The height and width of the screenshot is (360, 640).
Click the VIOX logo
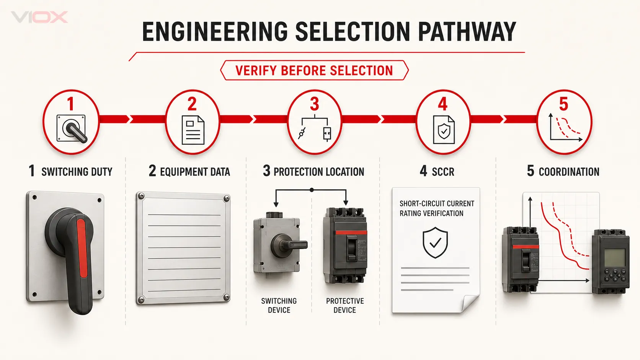tap(39, 17)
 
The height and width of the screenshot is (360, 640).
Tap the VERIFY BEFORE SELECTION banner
tap(314, 70)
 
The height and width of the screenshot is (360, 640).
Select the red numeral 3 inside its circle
tap(314, 104)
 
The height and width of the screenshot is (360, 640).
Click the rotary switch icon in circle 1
tap(72, 129)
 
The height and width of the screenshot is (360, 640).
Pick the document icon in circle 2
tap(193, 130)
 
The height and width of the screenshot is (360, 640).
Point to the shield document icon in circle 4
tap(443, 130)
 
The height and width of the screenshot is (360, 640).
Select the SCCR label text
tap(443, 172)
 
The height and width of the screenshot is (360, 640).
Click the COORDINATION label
tap(569, 172)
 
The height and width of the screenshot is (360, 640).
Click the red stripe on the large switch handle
tap(82, 248)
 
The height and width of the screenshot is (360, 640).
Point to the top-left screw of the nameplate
tap(141, 196)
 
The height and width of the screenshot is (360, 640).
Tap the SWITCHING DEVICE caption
tap(279, 305)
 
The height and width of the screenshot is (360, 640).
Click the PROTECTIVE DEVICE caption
tap(345, 305)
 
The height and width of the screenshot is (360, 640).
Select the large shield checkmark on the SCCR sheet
tap(435, 243)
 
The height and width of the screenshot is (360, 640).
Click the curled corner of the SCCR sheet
tap(470, 303)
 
